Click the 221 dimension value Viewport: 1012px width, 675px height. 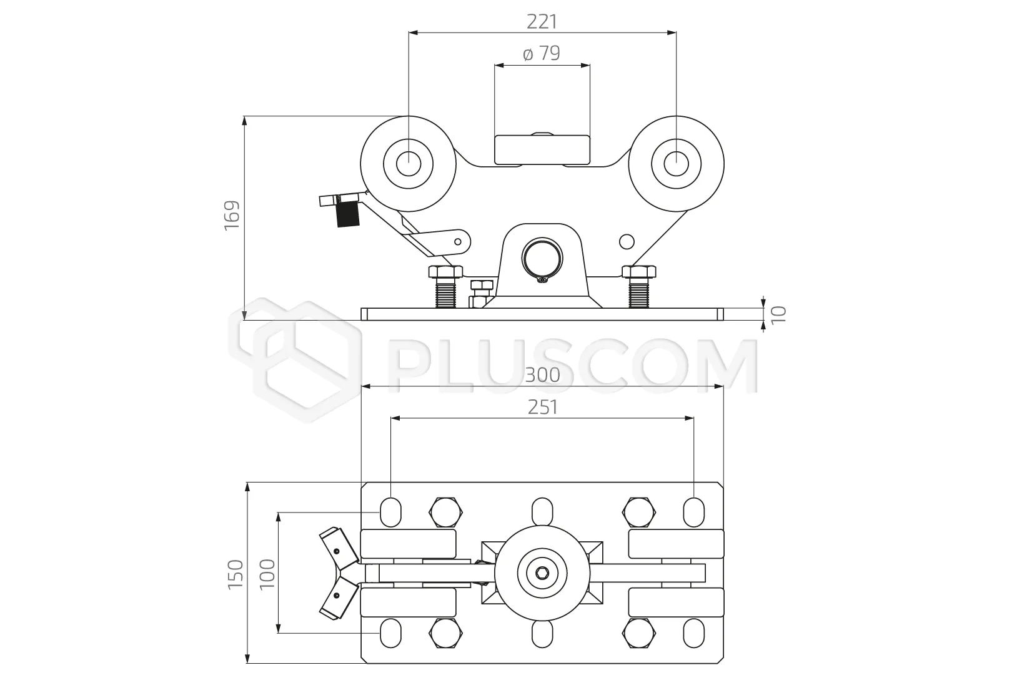pos(542,22)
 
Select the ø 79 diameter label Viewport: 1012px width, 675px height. pos(541,53)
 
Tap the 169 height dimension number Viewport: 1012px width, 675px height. pos(232,216)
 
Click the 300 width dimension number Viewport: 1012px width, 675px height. pos(543,375)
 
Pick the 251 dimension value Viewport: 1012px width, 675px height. pos(543,407)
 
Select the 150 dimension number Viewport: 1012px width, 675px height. pos(236,574)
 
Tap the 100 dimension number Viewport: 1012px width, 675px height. pos(267,574)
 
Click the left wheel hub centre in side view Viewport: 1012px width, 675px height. pos(409,164)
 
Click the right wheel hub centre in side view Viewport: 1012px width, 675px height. pos(676,164)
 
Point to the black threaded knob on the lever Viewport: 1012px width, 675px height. pos(349,214)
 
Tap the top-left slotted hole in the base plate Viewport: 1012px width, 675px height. pos(391,512)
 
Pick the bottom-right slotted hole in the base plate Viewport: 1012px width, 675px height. pos(693,633)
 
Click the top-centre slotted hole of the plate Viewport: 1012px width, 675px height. pos(542,512)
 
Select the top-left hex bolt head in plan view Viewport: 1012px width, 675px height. pos(446,512)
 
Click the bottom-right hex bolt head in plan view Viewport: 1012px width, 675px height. pos(639,633)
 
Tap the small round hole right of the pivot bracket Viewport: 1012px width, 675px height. pos(627,242)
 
